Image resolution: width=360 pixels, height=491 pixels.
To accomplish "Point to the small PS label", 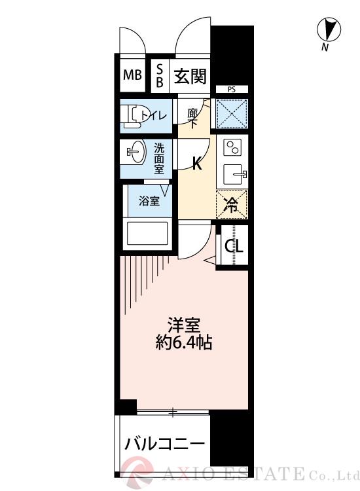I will tap(232, 89).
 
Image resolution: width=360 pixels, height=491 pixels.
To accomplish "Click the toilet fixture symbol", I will tap(133, 115).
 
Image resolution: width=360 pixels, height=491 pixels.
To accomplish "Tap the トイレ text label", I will tap(155, 116).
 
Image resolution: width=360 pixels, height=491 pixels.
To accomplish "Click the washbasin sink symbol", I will tap(134, 153).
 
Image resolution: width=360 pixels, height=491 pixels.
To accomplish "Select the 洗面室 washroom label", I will tap(159, 158).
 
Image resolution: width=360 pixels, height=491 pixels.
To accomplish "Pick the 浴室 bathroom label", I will tap(149, 201).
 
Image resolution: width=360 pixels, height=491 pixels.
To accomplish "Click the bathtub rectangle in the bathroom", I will tap(148, 234).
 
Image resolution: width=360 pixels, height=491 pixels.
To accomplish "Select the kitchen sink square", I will tap(234, 175).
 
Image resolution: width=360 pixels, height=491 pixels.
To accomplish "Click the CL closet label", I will tap(234, 247).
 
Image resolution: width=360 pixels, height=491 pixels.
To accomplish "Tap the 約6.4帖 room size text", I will tap(183, 342).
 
